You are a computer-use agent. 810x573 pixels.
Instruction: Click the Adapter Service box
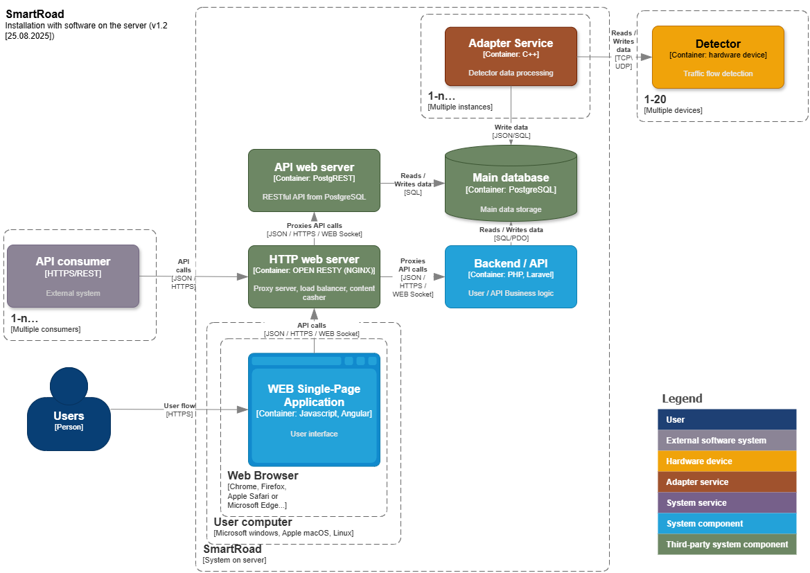coord(511,56)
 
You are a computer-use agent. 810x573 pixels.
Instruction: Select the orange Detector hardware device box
coord(718,57)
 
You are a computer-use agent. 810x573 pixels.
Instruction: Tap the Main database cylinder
coord(511,184)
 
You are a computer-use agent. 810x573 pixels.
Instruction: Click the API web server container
coord(314,180)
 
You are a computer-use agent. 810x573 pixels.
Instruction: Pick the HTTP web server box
coord(314,276)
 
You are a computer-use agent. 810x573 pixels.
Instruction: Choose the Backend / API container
coord(511,276)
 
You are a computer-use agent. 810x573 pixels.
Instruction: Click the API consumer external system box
coord(73,276)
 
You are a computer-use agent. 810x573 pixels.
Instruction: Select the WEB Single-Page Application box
coord(314,409)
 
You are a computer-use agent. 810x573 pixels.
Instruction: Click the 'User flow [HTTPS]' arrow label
coord(179,409)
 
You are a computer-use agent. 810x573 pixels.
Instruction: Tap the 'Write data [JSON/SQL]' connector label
coord(511,132)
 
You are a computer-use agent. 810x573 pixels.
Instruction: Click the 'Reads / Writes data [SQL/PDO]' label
coord(511,233)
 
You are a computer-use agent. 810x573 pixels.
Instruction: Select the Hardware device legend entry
coord(727,461)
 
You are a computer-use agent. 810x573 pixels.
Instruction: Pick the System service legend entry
coord(727,503)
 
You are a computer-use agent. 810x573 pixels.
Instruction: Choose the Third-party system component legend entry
coord(727,545)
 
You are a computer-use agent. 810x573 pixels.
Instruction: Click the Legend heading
coord(682,398)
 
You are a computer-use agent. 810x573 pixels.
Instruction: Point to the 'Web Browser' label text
coord(263,476)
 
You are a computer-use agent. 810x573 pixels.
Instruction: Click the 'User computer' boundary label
coord(253,522)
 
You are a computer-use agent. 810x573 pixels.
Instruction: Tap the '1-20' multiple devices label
coord(655,100)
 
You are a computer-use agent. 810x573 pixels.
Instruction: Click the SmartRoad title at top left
coord(35,14)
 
